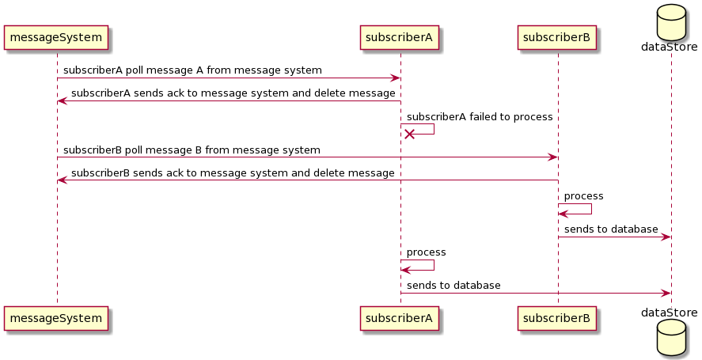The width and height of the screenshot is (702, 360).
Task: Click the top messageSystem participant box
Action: [x=56, y=37]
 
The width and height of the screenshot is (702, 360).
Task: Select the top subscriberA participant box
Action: [x=400, y=37]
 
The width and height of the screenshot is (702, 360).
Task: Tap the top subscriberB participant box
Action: [x=557, y=37]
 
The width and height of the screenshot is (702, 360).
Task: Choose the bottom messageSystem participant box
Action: [x=56, y=318]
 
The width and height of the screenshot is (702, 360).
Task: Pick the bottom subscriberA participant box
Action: [x=400, y=318]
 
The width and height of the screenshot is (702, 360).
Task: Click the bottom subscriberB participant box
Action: [x=557, y=318]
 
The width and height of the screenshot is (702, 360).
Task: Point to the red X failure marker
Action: [x=409, y=135]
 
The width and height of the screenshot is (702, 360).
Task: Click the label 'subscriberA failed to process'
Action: [x=479, y=116]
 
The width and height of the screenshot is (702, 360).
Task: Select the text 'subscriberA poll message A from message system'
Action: [x=192, y=70]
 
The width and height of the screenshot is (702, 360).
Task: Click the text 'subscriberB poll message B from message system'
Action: [x=192, y=150]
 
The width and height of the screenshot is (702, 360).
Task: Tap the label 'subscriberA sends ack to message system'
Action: [x=233, y=93]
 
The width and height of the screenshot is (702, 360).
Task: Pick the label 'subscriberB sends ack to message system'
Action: [x=233, y=172]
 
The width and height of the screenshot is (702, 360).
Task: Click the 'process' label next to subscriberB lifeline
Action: [x=583, y=195]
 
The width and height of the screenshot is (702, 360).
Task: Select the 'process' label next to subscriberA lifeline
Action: [x=426, y=252]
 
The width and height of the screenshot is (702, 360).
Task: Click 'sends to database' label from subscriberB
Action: [x=611, y=229]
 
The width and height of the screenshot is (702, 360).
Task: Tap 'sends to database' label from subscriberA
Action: [x=453, y=285]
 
